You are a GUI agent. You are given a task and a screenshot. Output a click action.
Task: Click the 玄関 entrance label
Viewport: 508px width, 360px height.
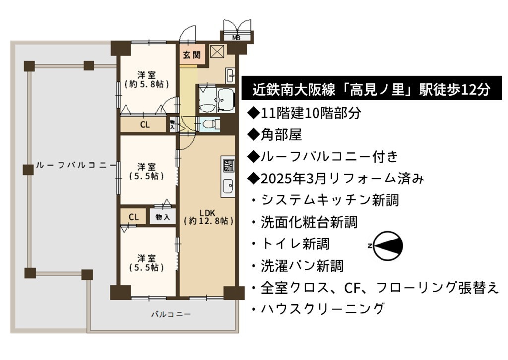[191, 55]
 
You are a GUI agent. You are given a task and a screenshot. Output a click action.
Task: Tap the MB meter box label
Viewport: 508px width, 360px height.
[236, 38]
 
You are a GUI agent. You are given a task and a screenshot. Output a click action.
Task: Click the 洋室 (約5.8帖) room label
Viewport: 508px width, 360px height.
[146, 80]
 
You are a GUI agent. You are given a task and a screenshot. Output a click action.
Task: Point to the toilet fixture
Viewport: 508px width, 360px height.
[211, 123]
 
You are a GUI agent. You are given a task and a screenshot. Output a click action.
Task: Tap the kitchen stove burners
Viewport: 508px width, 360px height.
[228, 165]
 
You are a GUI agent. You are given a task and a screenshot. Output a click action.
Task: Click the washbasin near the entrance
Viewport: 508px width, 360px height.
[230, 76]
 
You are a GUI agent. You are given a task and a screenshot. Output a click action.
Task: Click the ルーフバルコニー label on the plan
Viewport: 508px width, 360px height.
[75, 165]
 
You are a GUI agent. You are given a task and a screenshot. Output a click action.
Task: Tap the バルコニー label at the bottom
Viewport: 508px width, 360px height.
[171, 314]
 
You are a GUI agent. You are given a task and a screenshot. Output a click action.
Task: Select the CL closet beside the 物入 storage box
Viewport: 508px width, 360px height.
[134, 217]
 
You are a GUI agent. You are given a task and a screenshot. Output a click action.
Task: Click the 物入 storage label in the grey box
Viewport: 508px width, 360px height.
[162, 217]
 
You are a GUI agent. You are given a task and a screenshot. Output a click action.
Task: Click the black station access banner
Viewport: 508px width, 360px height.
[371, 88]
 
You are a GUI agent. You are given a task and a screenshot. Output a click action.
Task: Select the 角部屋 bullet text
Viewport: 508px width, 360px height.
[275, 135]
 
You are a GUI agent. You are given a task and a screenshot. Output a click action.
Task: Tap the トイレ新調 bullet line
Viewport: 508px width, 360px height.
[291, 243]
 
